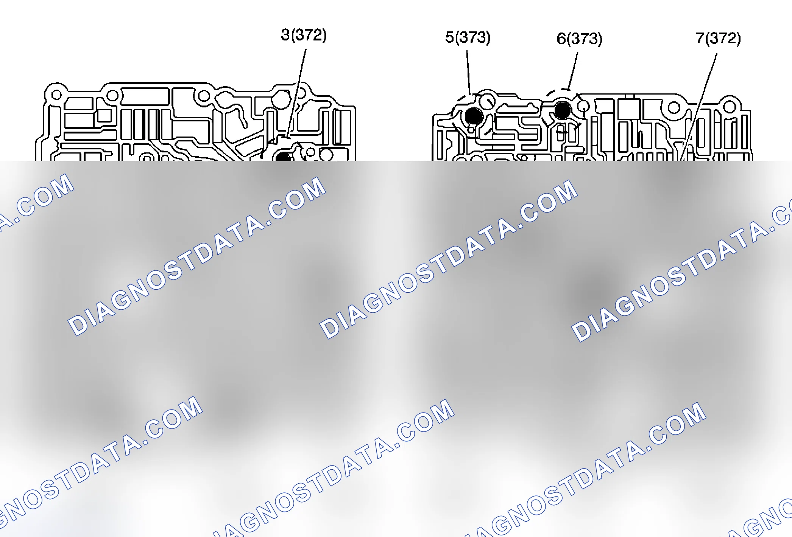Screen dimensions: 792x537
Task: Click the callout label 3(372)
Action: [304, 35]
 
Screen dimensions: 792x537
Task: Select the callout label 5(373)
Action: [468, 37]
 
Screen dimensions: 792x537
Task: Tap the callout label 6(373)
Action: [579, 39]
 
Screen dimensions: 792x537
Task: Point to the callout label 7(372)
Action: [718, 38]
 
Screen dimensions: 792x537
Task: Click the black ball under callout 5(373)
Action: [474, 116]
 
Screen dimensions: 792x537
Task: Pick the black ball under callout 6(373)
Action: [563, 110]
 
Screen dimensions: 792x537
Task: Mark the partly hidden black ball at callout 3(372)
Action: [284, 157]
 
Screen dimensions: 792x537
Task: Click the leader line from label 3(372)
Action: [296, 93]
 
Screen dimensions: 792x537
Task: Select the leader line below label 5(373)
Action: [468, 73]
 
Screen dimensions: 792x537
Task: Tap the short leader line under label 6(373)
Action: [573, 71]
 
